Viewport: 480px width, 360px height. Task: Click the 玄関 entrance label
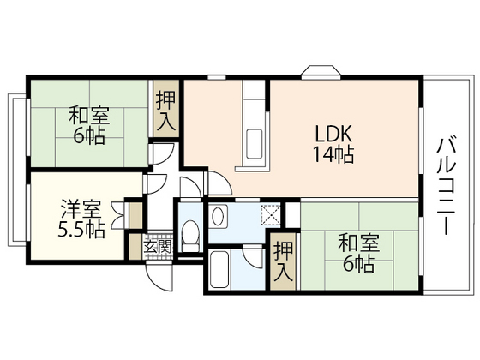(157, 246)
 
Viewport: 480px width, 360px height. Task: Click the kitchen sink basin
(254, 141)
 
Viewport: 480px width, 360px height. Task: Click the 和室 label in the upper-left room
(89, 115)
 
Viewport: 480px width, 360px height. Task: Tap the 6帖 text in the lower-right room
(357, 265)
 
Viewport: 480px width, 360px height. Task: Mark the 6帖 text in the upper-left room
(89, 135)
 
